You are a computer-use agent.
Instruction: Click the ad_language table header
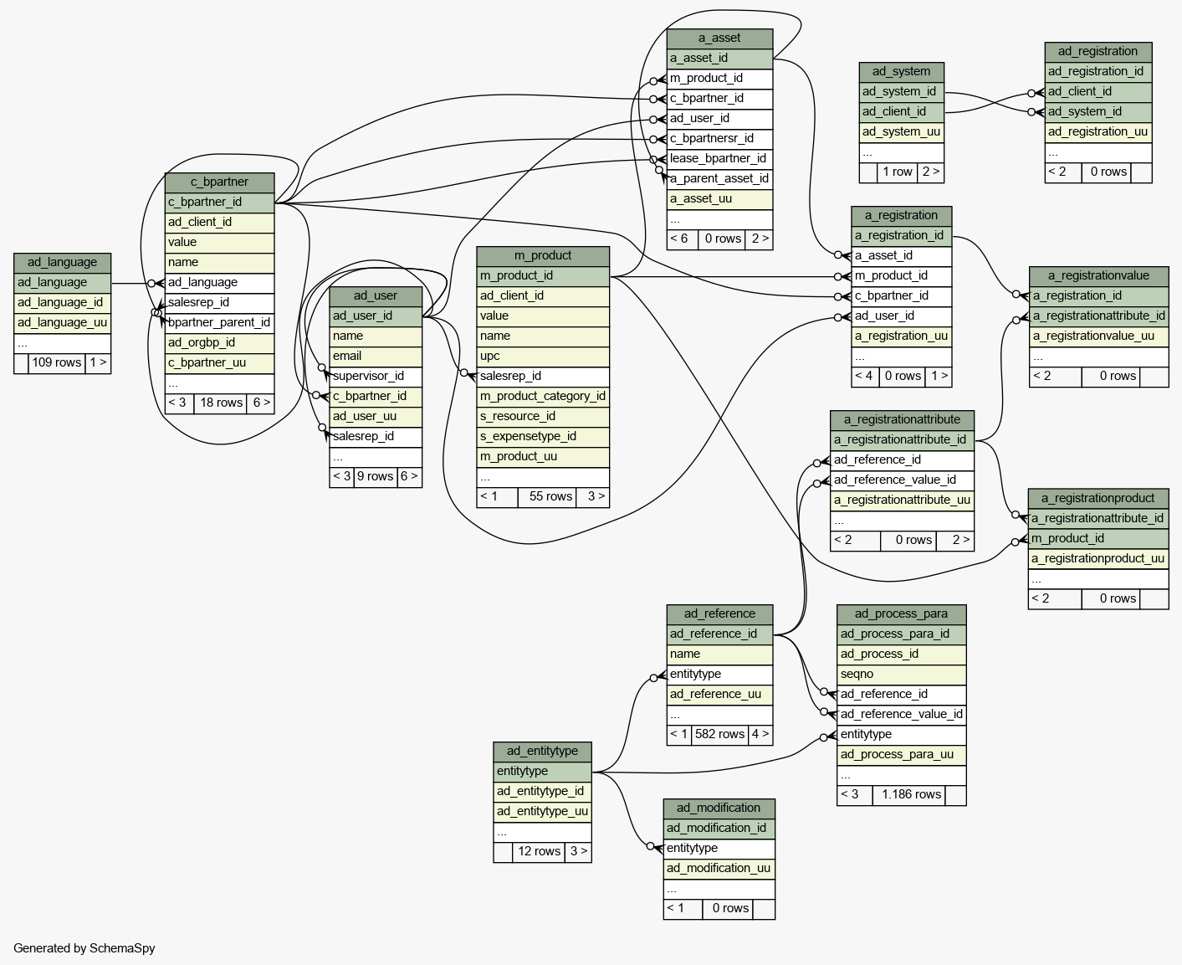tap(62, 263)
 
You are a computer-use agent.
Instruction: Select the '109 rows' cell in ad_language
tap(57, 362)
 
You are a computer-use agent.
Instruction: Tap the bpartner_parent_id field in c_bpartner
tap(219, 323)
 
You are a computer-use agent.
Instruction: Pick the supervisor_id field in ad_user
tap(376, 377)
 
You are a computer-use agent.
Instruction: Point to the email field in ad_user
tap(376, 356)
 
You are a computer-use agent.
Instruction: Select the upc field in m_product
tap(543, 356)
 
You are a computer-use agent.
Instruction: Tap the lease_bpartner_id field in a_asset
tap(719, 159)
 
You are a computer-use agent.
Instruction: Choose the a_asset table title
tap(719, 38)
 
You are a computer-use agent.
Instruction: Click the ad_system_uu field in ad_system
tap(901, 131)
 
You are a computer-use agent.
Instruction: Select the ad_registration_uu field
tap(1098, 131)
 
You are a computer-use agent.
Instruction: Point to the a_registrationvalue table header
tap(1098, 276)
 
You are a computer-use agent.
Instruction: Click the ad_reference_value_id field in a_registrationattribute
tap(902, 480)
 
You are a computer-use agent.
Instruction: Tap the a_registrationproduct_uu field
tap(1098, 558)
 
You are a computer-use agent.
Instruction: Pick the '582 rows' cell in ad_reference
tap(719, 735)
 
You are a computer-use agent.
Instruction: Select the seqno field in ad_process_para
tap(901, 675)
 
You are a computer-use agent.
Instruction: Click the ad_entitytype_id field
tap(542, 792)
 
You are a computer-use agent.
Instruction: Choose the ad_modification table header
tap(719, 808)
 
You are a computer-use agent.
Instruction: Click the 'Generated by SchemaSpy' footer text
tap(84, 948)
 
